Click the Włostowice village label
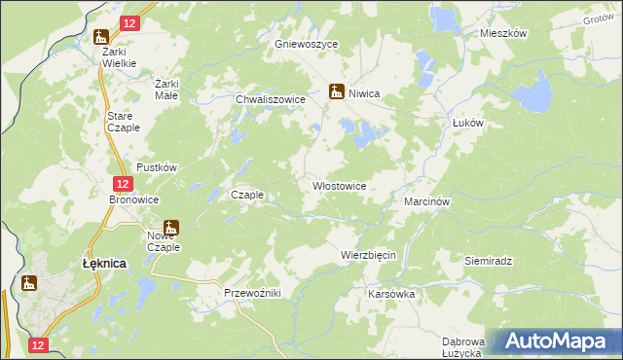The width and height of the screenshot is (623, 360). pyautogui.click(x=339, y=186)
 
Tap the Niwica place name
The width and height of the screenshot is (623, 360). pyautogui.click(x=364, y=93)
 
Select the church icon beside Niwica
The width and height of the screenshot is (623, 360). pyautogui.click(x=337, y=91)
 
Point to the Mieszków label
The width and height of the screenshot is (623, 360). pyautogui.click(x=503, y=33)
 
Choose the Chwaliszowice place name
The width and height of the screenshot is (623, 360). pyautogui.click(x=272, y=99)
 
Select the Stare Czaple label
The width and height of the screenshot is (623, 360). pyautogui.click(x=123, y=121)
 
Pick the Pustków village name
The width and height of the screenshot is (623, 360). pyautogui.click(x=156, y=167)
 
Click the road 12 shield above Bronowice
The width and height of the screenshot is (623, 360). pyautogui.click(x=121, y=183)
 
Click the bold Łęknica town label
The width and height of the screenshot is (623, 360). pyautogui.click(x=102, y=263)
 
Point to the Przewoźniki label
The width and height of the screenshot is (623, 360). pyautogui.click(x=252, y=293)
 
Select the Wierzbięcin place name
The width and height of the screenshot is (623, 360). pyautogui.click(x=368, y=255)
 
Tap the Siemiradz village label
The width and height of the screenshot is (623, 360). pyautogui.click(x=489, y=262)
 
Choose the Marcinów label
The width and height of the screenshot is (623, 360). pyautogui.click(x=425, y=201)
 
